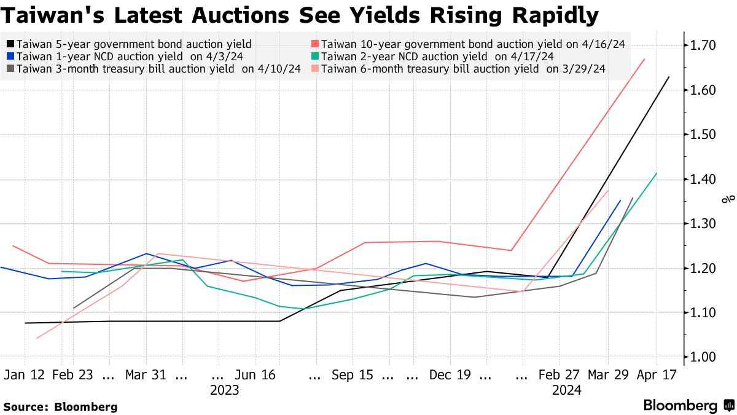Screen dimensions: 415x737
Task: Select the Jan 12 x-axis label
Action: [x=25, y=375]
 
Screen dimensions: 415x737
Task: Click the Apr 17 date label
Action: [x=657, y=375]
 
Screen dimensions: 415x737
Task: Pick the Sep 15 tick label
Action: [x=352, y=375]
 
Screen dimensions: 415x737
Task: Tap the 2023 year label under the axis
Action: [x=224, y=390]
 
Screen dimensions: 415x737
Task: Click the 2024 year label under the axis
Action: [x=566, y=390]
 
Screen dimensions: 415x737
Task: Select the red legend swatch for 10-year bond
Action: [x=314, y=44]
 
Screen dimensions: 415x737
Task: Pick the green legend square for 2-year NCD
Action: [x=314, y=57]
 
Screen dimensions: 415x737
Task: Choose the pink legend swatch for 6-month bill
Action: [x=314, y=69]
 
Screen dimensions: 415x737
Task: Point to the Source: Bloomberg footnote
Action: [x=60, y=406]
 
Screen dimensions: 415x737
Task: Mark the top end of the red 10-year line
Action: [x=644, y=59]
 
